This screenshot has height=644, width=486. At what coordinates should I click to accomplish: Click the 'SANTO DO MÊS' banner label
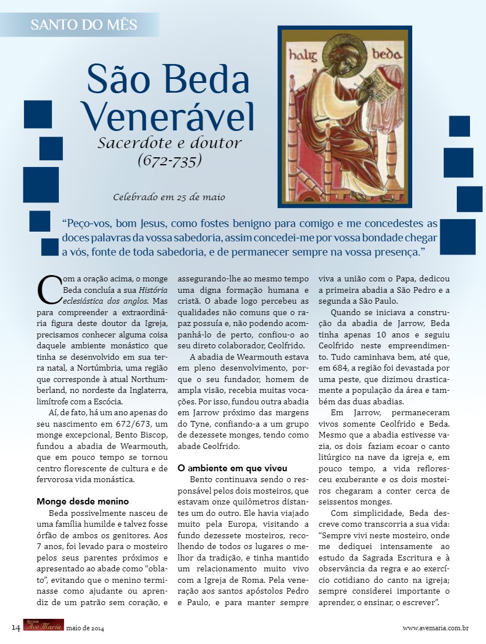[x=83, y=25]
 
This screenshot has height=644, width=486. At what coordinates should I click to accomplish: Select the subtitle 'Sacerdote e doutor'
[x=169, y=142]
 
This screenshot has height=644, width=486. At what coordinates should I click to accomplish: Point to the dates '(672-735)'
[x=170, y=160]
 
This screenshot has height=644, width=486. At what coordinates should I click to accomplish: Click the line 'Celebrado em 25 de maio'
[x=169, y=197]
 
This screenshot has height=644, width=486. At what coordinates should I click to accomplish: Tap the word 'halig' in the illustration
[x=302, y=55]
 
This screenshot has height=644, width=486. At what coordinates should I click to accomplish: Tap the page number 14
[x=16, y=628]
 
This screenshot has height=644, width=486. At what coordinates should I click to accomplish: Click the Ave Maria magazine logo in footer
[x=43, y=626]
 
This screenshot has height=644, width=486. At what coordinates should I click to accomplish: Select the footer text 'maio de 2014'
[x=85, y=629]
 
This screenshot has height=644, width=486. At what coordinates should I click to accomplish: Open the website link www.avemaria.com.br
[x=436, y=628]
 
